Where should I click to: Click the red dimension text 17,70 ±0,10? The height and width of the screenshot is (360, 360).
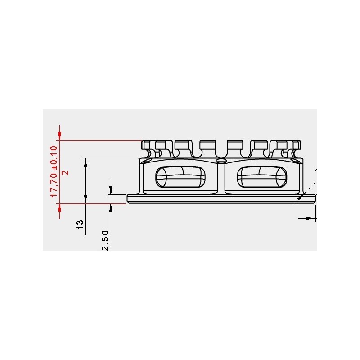54,171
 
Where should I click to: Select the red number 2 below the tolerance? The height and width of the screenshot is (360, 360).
66,172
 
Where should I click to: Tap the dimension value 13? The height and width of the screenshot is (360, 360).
80,224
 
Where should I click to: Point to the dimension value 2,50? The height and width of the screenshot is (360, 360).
105,241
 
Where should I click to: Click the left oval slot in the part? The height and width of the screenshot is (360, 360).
180,177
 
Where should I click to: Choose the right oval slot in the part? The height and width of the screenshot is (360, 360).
262,177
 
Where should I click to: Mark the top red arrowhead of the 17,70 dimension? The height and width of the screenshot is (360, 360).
60,135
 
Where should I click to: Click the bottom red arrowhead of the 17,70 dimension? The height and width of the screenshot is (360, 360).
60,208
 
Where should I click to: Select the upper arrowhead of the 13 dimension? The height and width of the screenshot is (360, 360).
85,162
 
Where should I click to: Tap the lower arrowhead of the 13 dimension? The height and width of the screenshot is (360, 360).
85,199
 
